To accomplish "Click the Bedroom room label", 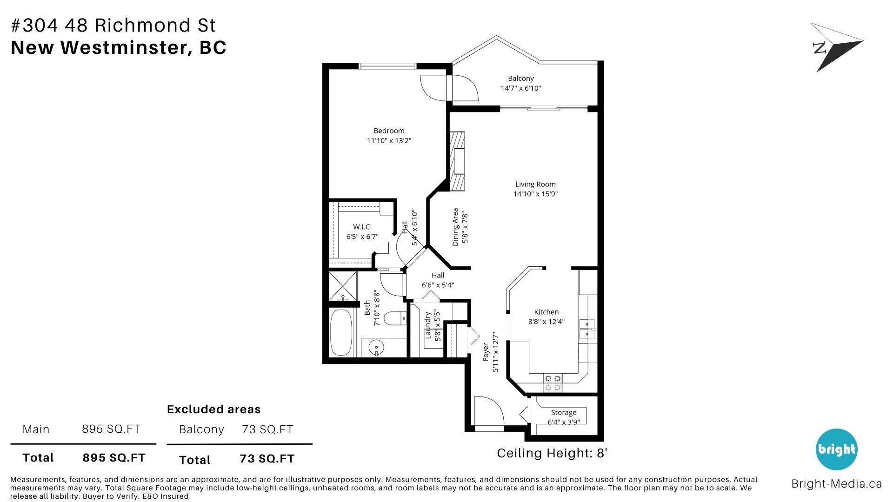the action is click(x=389, y=131).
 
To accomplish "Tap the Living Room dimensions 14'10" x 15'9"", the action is click(x=535, y=194).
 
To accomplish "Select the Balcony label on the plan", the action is click(x=520, y=78).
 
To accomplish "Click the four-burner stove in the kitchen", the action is click(x=553, y=383).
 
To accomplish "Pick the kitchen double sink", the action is click(x=587, y=329).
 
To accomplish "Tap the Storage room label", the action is click(x=564, y=412).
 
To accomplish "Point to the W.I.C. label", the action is click(x=362, y=227).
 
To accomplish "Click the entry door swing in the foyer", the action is click(x=489, y=411).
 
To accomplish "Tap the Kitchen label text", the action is click(x=546, y=312).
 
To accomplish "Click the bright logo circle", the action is click(x=837, y=449).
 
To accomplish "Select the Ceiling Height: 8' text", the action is click(x=552, y=453).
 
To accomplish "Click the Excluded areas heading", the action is click(x=213, y=410).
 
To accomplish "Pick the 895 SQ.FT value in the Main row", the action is click(x=111, y=429).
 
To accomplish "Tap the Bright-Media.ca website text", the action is click(x=837, y=484).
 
